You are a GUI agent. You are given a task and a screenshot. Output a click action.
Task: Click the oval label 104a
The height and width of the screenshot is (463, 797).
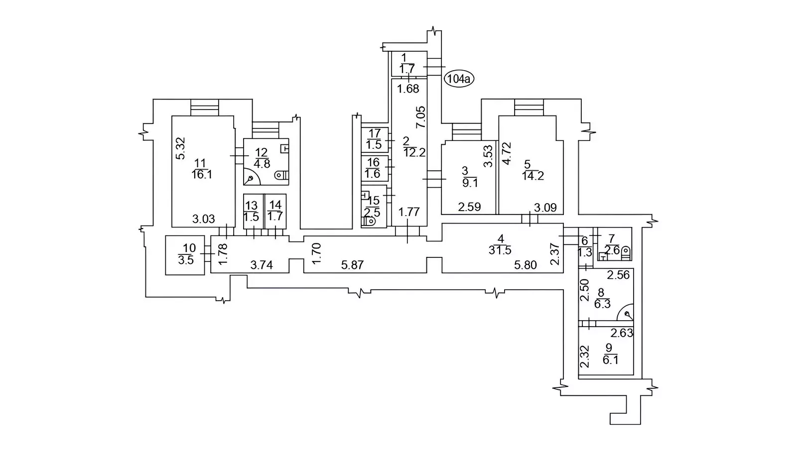tap(459, 79)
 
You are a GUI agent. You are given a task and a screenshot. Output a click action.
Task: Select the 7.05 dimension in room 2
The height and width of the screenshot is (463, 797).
tap(421, 117)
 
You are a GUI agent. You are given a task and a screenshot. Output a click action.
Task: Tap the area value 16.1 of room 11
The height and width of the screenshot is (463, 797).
tap(201, 174)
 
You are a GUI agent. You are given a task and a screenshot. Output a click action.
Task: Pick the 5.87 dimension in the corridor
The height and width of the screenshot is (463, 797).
tap(352, 265)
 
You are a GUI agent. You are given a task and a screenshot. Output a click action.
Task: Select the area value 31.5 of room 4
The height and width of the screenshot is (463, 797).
tap(500, 250)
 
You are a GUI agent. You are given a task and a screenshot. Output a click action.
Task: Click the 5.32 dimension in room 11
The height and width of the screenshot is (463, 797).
tap(181, 148)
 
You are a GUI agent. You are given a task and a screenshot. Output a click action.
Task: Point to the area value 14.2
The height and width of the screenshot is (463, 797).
tap(533, 175)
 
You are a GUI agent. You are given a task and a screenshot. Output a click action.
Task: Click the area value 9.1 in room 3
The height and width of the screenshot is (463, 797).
tap(470, 183)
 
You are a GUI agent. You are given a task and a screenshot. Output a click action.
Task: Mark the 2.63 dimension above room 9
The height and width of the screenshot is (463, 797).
tap(622, 333)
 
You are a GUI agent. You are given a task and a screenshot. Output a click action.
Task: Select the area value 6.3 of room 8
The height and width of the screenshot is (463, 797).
tap(602, 304)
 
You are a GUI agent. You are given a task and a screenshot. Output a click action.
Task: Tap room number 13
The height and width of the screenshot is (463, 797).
tap(251, 206)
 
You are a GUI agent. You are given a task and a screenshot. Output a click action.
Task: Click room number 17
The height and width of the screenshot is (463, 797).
tap(374, 133)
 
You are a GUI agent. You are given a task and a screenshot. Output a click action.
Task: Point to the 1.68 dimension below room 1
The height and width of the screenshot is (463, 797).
tap(408, 89)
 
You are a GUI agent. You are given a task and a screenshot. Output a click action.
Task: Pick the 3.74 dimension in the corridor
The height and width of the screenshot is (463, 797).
tap(261, 265)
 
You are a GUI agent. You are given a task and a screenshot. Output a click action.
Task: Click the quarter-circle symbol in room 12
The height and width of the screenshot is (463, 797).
tap(250, 177)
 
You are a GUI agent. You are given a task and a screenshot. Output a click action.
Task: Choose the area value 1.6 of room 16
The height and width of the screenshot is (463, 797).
tap(373, 174)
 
